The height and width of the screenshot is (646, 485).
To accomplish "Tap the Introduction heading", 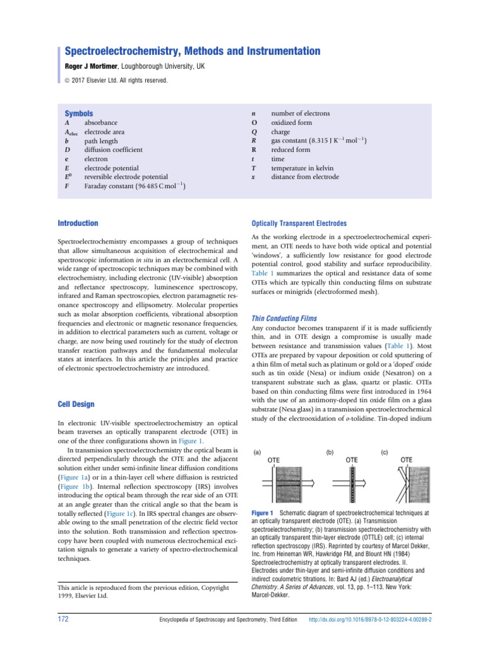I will click(x=78, y=223).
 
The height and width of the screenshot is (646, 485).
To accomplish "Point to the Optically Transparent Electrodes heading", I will click(x=299, y=223).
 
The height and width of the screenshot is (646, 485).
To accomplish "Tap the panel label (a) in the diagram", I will click(x=258, y=452).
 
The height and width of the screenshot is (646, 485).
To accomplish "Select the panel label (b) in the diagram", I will click(x=330, y=452).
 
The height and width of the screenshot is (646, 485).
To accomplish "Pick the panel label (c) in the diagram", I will click(x=385, y=452).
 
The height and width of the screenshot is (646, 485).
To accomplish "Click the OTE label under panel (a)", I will click(x=274, y=461).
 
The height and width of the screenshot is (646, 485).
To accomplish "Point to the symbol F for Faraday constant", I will click(x=67, y=187).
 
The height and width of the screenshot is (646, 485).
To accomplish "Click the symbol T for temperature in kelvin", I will click(x=253, y=168).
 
